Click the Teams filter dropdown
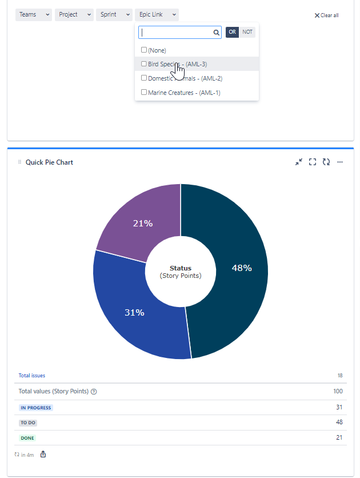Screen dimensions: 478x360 tap(34, 15)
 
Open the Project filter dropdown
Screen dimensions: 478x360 tap(74, 15)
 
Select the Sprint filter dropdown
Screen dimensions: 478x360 tap(114, 15)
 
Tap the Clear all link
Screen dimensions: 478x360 tap(326, 15)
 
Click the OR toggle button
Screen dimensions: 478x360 tap(232, 33)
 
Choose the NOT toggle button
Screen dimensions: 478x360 tap(247, 33)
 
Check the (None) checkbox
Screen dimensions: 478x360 tap(144, 50)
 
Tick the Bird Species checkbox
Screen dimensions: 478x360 tap(144, 64)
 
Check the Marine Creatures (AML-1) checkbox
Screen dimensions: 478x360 tap(144, 92)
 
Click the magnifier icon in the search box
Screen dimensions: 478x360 tap(217, 33)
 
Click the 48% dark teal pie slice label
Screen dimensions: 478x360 tap(242, 268)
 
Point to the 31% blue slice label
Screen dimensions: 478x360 tap(134, 313)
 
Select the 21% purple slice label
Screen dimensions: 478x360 tap(142, 224)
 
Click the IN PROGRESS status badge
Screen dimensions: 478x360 tap(36, 408)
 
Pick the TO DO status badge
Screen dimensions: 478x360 tap(29, 423)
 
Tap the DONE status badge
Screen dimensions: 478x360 tap(27, 438)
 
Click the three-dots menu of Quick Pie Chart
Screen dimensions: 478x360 tap(340, 162)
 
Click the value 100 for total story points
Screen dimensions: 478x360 tap(338, 392)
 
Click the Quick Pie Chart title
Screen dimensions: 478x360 tap(49, 162)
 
